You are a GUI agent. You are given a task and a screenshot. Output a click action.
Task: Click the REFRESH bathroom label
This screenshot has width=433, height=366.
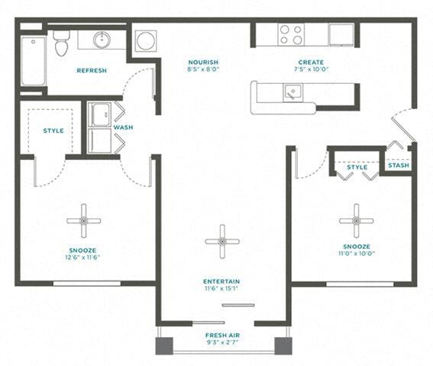coord(92,70)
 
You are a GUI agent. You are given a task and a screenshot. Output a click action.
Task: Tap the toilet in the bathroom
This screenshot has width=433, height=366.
coord(62,43)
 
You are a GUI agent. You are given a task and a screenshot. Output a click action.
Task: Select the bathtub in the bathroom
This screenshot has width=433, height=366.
coord(32,59)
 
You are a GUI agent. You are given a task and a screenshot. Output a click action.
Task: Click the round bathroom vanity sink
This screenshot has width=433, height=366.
coord(102,40)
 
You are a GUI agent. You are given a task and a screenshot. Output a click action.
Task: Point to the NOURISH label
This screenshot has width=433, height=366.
coord(204,63)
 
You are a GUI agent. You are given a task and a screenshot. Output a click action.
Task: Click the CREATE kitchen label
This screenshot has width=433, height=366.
coord(311,63)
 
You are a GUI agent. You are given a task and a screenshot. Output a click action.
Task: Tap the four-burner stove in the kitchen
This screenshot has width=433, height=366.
coord(290,34)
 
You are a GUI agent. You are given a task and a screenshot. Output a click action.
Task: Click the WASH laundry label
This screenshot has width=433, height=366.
coord(124,127)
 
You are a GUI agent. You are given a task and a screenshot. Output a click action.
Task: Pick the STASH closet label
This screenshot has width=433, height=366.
coord(398,165)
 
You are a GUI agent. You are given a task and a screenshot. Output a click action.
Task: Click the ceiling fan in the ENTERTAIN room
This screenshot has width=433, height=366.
coord(222,242)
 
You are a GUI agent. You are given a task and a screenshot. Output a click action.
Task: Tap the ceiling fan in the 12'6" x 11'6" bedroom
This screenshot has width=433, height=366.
coord(83,220)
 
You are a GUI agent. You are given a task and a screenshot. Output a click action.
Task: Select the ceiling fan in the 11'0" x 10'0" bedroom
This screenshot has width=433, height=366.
coord(356,220)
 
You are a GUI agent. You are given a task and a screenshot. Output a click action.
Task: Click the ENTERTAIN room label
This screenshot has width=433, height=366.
coord(221,280)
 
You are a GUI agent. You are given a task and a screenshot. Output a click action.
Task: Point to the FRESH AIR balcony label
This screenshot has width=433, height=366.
coord(221,335)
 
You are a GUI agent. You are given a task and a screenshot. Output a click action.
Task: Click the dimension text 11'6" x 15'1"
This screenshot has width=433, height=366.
coord(221,288)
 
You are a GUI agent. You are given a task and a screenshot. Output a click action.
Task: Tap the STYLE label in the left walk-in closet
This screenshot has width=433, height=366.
coord(53,130)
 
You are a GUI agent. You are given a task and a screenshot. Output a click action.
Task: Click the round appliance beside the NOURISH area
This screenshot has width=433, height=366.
coord(146,40)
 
